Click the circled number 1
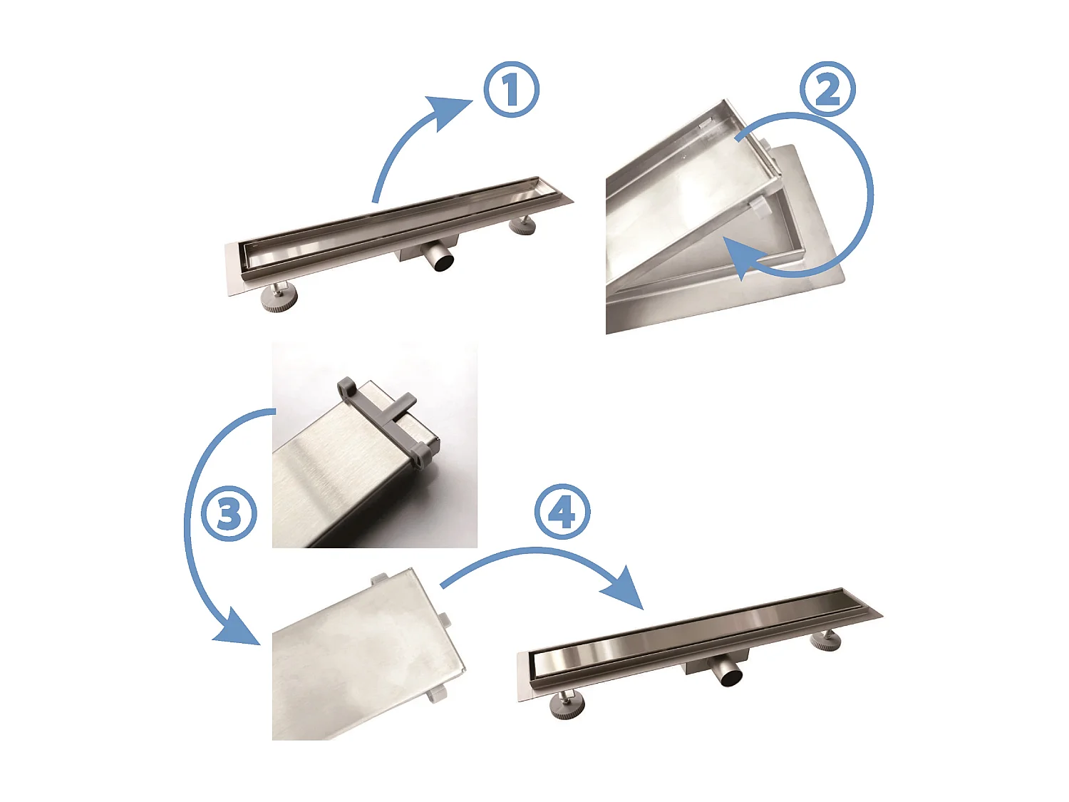point(511,89)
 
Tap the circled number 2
point(827,89)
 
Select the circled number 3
point(229,513)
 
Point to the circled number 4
point(562,511)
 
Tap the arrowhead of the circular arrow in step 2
point(742,257)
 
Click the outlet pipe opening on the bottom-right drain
point(732,679)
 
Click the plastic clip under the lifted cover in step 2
point(760,207)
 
